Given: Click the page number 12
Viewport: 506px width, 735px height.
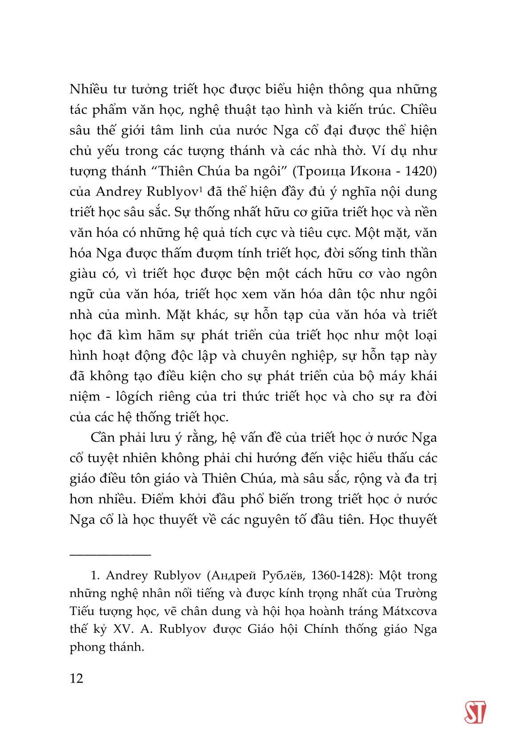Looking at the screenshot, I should pyautogui.click(x=76, y=679).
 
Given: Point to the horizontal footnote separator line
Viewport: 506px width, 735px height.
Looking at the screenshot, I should pyautogui.click(x=110, y=554).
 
